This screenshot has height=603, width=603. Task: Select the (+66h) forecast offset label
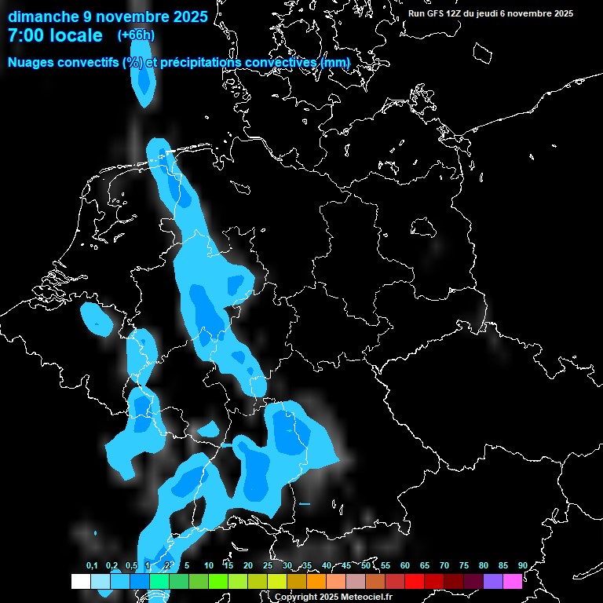(136, 35)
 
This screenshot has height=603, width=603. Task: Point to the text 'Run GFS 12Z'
(435, 13)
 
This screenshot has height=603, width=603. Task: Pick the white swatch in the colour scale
(80, 582)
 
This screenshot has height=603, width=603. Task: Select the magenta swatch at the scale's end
(513, 582)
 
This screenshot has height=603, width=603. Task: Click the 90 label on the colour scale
(522, 566)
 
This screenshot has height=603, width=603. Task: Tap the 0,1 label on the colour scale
(92, 566)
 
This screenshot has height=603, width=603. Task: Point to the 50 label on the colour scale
(366, 566)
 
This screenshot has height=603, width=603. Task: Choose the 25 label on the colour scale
(268, 566)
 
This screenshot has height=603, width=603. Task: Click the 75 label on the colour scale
(463, 566)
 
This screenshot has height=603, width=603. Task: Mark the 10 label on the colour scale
(209, 566)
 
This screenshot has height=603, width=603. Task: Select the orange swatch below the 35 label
(316, 582)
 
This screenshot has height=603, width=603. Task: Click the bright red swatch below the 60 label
(415, 582)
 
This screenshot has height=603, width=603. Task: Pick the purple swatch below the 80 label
(493, 582)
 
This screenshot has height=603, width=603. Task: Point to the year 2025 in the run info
(557, 13)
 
